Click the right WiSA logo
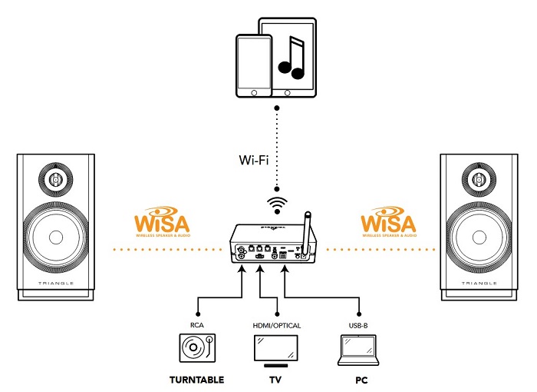[x=388, y=225]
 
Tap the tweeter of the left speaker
[x=56, y=180]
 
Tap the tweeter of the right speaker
[x=481, y=180]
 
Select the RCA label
[x=197, y=325]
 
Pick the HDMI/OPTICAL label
[x=276, y=325]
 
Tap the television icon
[x=276, y=352]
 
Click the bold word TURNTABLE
[x=196, y=380]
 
